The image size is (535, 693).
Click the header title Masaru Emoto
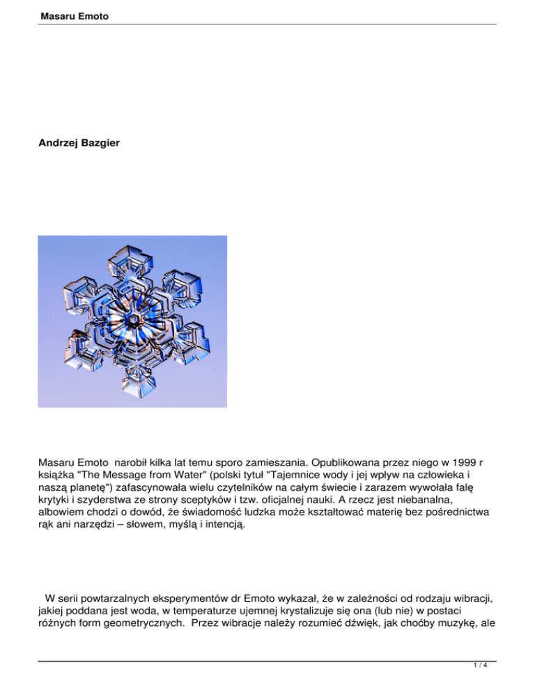tap(65, 13)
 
